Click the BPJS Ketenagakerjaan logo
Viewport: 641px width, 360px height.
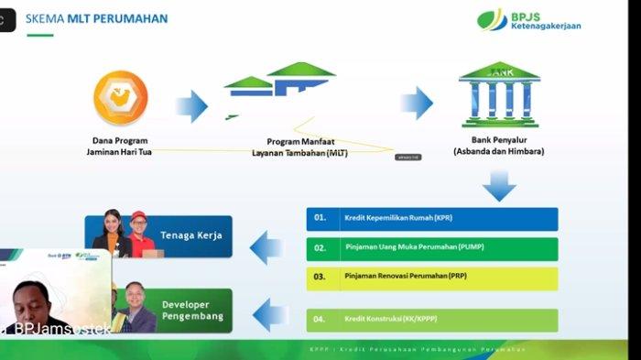[x=528, y=19]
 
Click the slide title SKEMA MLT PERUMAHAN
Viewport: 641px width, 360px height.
[x=97, y=18]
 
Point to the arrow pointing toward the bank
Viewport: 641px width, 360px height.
[x=416, y=103]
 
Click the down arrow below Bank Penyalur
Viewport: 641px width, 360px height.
[x=499, y=186]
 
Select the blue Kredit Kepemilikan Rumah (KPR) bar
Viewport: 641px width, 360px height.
[x=431, y=218]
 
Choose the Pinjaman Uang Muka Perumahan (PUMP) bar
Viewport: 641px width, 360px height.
[x=431, y=248]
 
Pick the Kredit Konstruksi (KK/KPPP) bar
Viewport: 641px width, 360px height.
[x=431, y=320]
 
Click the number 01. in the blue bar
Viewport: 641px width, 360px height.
[x=320, y=218]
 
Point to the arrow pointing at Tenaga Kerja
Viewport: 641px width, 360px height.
[x=266, y=243]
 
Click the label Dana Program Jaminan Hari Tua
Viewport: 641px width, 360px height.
[x=120, y=147]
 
